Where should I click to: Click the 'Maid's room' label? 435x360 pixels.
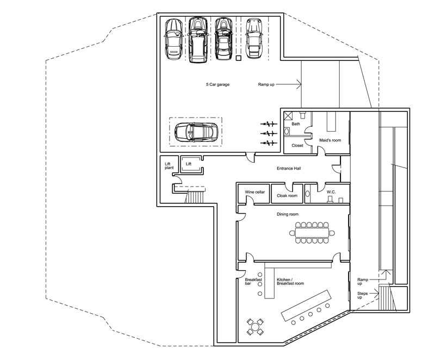[x=330, y=140]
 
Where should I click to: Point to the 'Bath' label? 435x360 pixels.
[x=296, y=124]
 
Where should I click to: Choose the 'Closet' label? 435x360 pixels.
[x=297, y=145]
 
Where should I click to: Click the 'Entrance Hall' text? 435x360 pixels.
[x=289, y=168]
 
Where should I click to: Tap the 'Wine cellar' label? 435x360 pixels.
[x=254, y=192]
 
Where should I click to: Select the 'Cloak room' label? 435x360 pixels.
[x=287, y=195]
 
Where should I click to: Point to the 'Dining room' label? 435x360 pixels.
[x=289, y=214]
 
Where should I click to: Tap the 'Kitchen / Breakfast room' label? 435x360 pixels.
[x=290, y=281]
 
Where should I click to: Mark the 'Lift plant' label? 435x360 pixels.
[x=169, y=165]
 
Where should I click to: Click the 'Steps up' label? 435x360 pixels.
[x=363, y=296]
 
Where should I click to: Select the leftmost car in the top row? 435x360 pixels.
[x=173, y=40]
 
